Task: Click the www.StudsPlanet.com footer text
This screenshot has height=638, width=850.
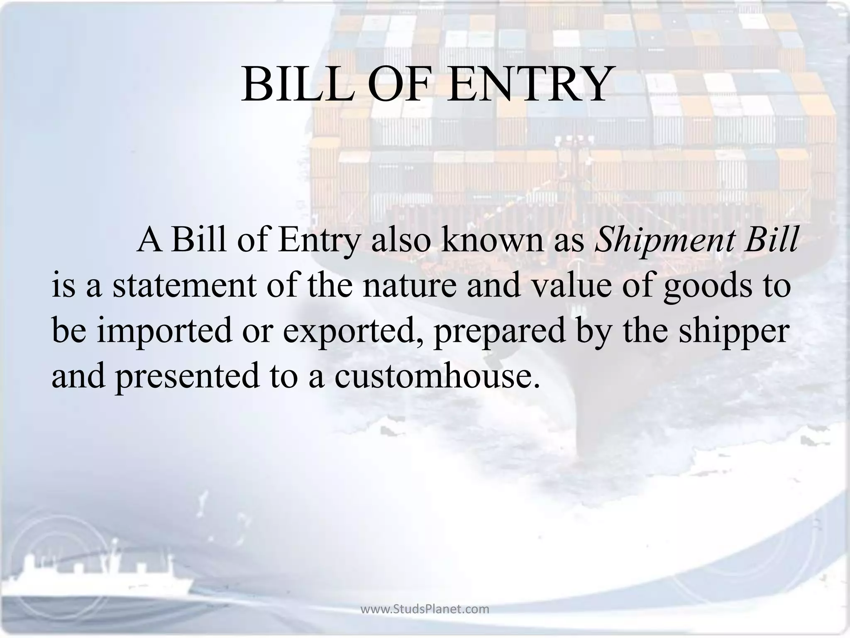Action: (x=425, y=609)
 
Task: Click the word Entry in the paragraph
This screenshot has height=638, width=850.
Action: (x=318, y=241)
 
